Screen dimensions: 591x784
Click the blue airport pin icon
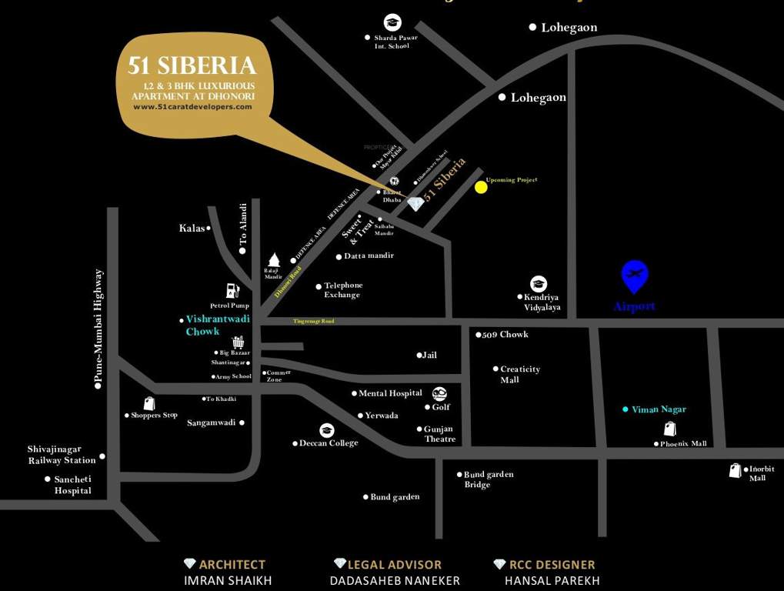click(x=635, y=276)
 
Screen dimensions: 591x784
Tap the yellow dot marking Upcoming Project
click(x=481, y=186)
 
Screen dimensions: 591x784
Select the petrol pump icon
click(x=232, y=291)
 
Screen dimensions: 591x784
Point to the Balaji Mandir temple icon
click(x=273, y=260)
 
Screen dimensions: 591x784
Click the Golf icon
click(x=439, y=394)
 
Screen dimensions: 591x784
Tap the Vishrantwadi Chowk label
click(x=203, y=326)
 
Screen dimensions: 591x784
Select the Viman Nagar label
click(x=659, y=409)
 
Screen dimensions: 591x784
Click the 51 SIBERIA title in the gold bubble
click(x=192, y=65)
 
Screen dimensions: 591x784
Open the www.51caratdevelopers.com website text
click(x=192, y=107)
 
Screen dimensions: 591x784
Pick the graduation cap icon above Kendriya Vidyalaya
click(x=539, y=284)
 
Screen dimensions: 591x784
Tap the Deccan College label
click(x=329, y=443)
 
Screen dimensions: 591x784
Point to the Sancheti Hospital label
click(x=72, y=485)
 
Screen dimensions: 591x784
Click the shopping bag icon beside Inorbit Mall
click(x=736, y=470)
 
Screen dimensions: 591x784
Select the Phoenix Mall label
click(x=683, y=444)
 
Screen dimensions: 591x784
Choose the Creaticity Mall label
click(x=520, y=374)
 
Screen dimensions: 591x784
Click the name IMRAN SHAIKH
click(x=228, y=581)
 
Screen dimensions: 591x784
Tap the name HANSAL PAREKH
click(x=552, y=581)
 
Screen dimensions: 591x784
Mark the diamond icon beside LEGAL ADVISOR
click(x=339, y=564)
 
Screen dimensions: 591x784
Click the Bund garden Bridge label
click(x=489, y=479)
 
